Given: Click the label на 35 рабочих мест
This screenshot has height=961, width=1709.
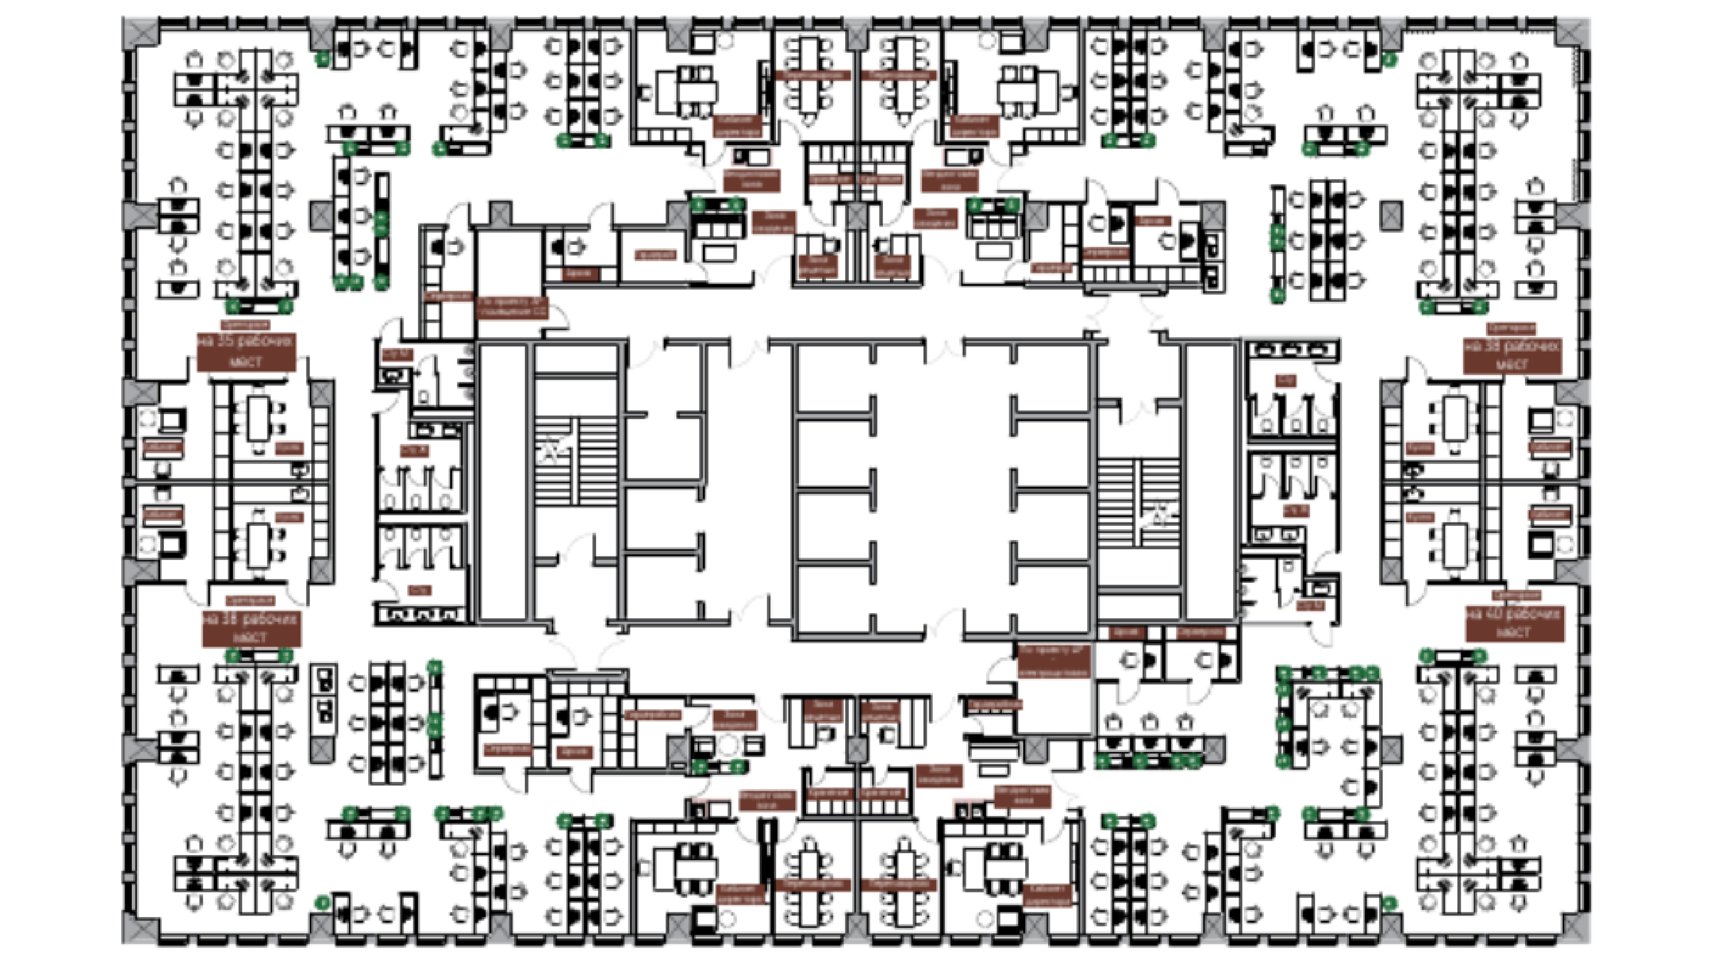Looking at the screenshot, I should pos(246,352).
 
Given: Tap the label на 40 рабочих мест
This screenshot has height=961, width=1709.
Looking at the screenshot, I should pos(1514,624).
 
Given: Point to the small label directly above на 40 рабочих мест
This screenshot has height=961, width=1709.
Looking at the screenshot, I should pos(1515,596).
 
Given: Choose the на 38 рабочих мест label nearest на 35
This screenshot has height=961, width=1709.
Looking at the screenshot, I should pos(251,628).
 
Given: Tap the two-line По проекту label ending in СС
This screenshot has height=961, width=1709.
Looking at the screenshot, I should pos(512,307).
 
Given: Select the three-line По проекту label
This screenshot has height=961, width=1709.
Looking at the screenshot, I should pos(1054,661).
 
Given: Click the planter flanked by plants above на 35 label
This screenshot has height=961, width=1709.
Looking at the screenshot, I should pos(259,307).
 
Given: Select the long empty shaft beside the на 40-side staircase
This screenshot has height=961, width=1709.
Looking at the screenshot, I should pos(1210,482).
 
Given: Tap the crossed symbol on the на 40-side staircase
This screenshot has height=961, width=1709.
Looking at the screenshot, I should pos(1160,514).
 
